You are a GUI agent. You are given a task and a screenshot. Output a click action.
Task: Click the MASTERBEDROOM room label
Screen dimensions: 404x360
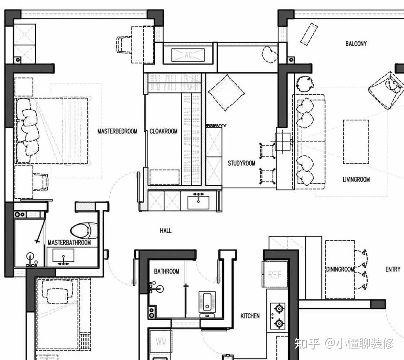(117, 131)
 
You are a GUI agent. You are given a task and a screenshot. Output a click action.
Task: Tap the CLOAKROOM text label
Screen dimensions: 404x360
(164, 131)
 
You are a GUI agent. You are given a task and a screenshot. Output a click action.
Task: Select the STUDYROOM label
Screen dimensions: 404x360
(241, 163)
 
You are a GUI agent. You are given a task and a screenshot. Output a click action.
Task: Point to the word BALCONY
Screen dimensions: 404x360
(356, 44)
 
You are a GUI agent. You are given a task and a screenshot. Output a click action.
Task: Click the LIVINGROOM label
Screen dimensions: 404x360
(356, 180)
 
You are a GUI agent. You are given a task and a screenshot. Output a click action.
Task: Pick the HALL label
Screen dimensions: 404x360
(165, 231)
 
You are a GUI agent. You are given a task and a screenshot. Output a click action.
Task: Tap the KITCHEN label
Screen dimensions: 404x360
(250, 316)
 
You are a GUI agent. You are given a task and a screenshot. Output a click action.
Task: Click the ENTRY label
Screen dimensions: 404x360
(393, 269)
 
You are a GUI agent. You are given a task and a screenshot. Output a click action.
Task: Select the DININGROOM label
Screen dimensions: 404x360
(340, 269)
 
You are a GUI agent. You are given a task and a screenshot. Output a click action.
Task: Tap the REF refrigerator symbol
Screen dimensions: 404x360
(275, 274)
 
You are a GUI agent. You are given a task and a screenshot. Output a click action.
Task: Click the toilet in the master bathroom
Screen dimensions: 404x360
(84, 231)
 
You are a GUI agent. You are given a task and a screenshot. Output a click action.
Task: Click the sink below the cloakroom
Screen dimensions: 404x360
(198, 202)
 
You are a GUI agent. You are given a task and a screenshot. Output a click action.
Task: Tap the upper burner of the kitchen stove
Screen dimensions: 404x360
(279, 308)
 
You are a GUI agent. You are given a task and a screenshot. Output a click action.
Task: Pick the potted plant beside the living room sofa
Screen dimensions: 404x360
(305, 84)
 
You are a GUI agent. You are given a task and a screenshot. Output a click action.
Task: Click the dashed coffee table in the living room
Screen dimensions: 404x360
(356, 142)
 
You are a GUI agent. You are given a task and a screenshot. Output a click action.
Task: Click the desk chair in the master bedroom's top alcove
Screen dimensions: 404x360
(124, 44)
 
